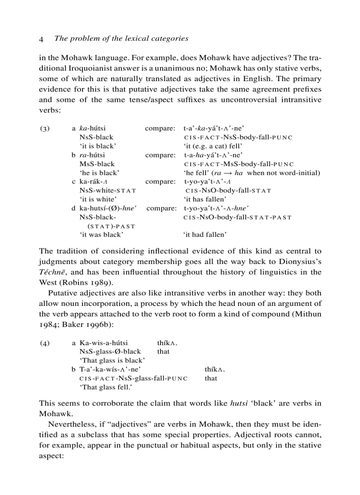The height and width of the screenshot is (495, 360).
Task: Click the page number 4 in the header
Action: tap(41, 39)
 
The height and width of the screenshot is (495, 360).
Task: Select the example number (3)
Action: tap(45, 129)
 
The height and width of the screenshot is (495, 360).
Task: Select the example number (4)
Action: tap(45, 343)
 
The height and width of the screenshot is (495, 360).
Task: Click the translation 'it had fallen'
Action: tap(205, 234)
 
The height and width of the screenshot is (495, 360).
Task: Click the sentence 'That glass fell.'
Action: tap(106, 387)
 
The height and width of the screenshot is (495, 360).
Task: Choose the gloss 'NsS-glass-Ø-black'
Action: tap(110, 352)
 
